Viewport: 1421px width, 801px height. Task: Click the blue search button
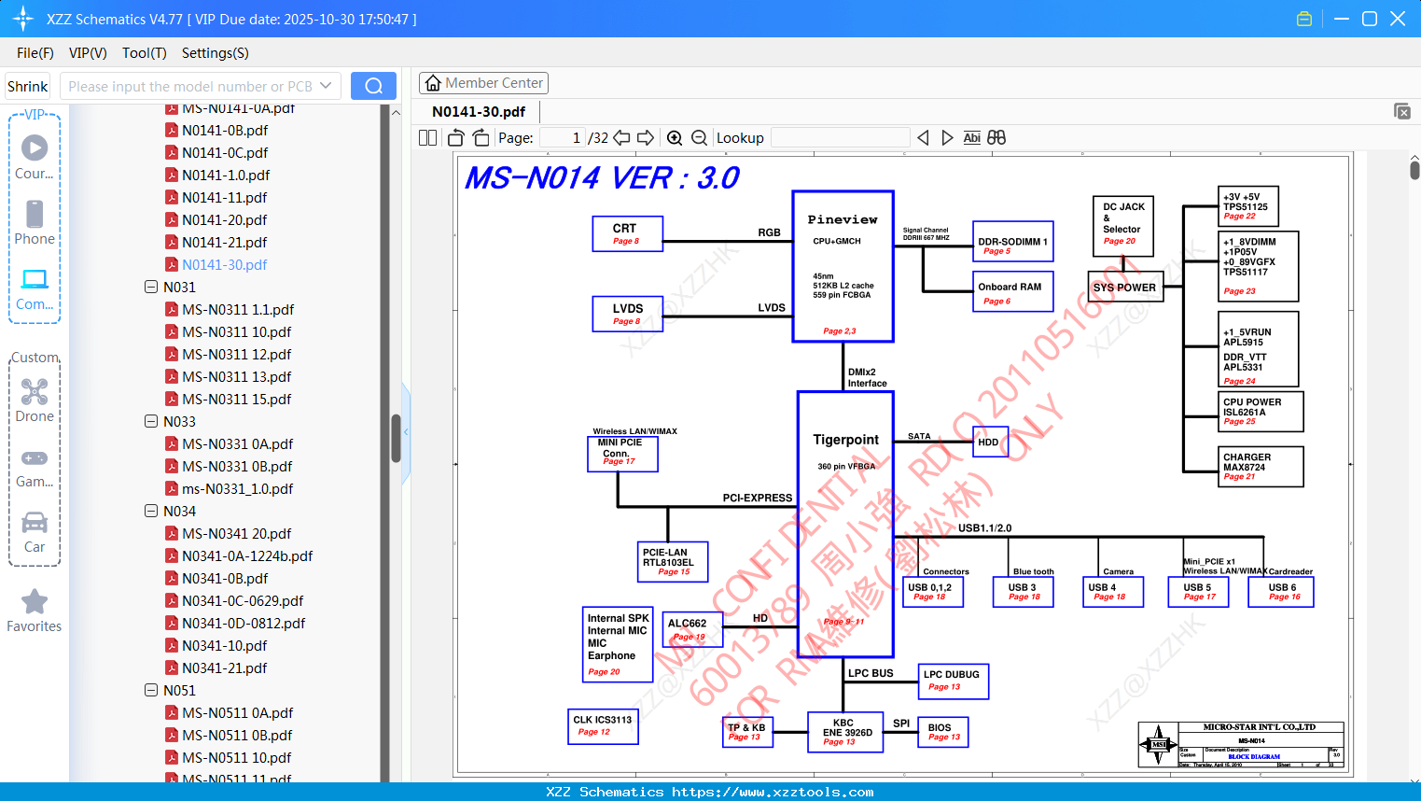[x=373, y=86]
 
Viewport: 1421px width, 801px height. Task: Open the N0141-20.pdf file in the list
[x=224, y=220]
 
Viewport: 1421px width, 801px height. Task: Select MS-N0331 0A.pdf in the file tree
[x=237, y=444]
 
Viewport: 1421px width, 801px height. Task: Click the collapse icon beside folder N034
[x=151, y=511]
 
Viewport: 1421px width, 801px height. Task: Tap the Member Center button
[x=483, y=83]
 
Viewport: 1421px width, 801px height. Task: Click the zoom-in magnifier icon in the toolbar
[x=675, y=138]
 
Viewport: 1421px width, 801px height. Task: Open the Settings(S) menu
[x=215, y=53]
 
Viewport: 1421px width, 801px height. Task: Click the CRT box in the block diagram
[x=627, y=233]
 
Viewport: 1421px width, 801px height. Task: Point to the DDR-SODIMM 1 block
[x=1012, y=242]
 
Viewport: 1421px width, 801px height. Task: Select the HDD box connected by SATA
[x=989, y=442]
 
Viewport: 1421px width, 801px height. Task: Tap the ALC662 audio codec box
[x=691, y=629]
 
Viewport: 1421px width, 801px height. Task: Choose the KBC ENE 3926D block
[x=845, y=732]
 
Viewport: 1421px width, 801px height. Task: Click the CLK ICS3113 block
[x=603, y=725]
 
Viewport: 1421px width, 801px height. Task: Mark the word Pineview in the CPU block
[x=843, y=219]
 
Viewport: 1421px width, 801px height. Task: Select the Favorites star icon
[x=35, y=603]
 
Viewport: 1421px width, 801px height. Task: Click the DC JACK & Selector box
[x=1122, y=225]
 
